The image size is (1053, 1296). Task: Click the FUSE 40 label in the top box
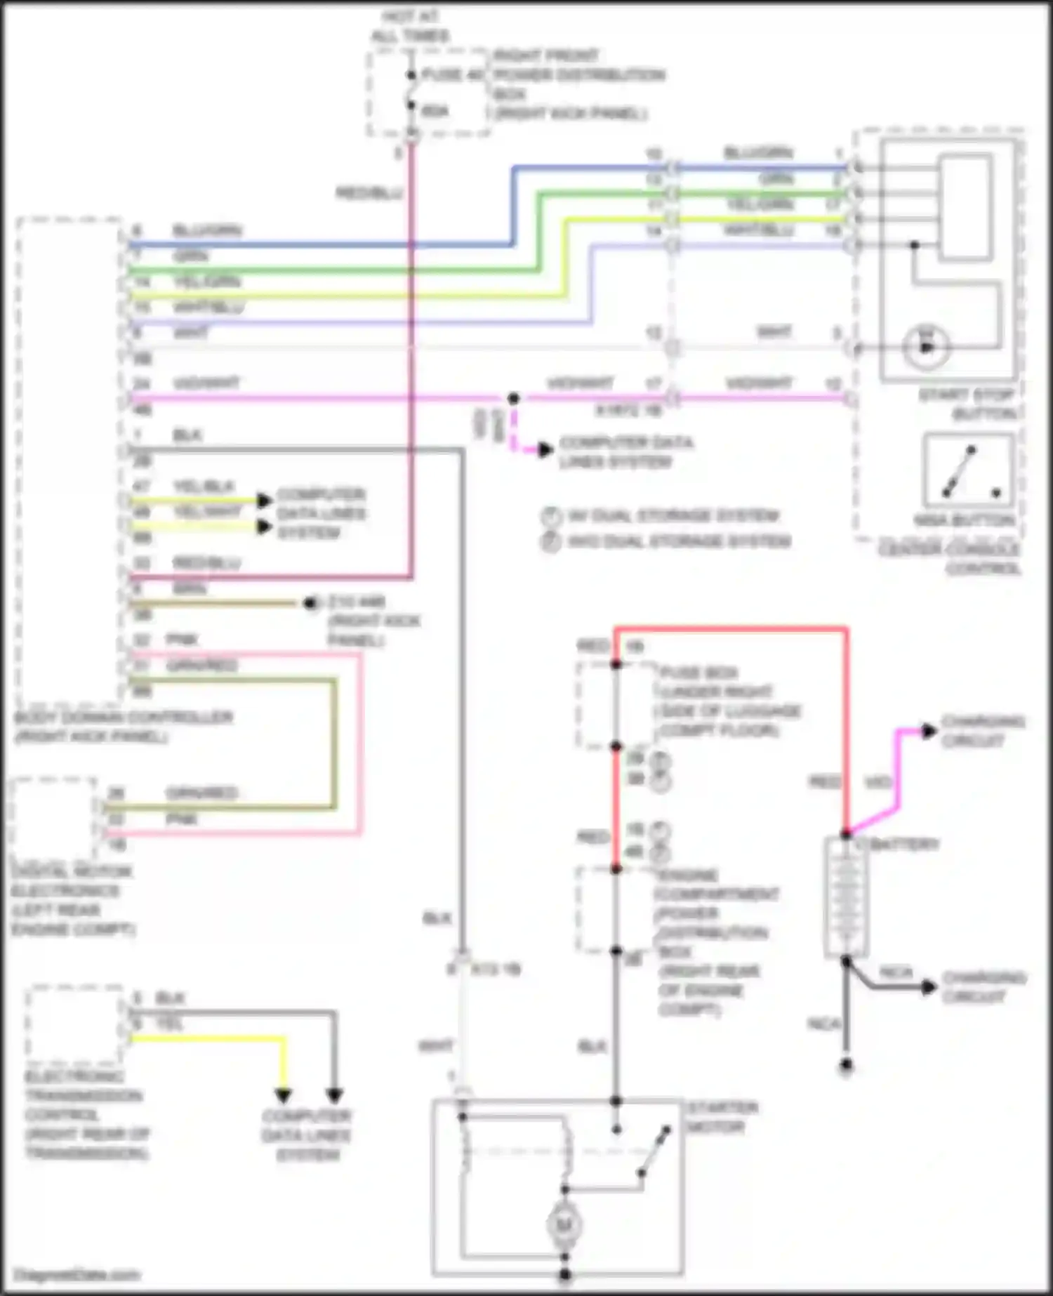[453, 74]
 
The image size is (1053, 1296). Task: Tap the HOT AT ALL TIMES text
[411, 26]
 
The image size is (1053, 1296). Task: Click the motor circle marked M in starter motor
[564, 1225]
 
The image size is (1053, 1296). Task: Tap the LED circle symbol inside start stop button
[927, 347]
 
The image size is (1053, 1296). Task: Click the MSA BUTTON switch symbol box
[969, 470]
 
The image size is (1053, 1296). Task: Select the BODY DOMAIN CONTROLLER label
[123, 727]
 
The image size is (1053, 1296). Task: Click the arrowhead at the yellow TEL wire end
[282, 1095]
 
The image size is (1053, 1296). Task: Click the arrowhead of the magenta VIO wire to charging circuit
[928, 732]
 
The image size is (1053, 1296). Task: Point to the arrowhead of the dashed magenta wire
[545, 450]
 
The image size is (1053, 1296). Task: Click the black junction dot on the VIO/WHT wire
[513, 399]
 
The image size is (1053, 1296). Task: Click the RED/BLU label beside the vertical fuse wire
[369, 192]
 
